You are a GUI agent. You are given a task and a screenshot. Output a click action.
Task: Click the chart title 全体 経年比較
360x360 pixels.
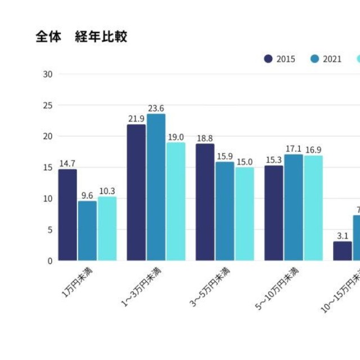82,37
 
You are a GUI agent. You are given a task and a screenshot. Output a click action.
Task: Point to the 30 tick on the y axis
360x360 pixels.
48,74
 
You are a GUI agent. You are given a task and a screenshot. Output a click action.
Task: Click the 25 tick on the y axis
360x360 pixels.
48,105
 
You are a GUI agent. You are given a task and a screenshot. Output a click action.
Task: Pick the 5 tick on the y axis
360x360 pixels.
49,229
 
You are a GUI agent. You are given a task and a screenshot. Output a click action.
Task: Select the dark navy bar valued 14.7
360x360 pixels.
67,214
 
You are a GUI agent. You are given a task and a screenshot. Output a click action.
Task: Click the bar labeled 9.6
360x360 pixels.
87,231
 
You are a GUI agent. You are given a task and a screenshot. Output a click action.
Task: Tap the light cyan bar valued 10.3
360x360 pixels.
107,228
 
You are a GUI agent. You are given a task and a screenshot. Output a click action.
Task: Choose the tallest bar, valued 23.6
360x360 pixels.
156,187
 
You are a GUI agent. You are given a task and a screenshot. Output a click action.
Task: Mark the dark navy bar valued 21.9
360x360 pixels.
136,192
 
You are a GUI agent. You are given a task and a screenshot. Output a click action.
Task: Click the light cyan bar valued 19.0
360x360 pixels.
175,201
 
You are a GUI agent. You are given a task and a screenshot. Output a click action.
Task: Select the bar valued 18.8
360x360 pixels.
205,202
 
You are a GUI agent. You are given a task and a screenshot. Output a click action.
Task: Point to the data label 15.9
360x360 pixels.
224,155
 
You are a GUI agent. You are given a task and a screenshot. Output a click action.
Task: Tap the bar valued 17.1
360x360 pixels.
293,207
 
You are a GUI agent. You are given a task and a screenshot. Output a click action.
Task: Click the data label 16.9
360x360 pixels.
313,150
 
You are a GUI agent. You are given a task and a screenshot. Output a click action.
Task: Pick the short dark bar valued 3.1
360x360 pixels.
342,251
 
